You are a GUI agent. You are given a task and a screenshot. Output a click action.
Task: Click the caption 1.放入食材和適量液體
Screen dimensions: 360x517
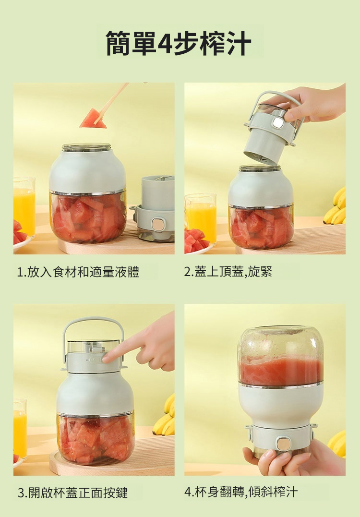78,272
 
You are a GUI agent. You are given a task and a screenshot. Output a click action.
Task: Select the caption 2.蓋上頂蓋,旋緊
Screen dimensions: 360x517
228,272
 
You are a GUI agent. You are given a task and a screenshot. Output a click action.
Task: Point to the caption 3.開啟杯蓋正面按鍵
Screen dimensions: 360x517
72,493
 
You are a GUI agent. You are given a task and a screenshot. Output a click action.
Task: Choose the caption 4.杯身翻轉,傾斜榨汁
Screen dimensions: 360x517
241,492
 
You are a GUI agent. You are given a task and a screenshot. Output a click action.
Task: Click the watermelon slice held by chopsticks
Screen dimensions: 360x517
93,119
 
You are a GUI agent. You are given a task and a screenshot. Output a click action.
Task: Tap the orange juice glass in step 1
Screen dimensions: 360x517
24,207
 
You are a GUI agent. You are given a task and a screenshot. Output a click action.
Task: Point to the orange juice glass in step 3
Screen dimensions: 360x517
20,429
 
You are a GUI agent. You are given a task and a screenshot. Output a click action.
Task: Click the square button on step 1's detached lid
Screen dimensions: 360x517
157,224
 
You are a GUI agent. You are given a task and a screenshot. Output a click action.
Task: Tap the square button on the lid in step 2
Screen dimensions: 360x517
278,123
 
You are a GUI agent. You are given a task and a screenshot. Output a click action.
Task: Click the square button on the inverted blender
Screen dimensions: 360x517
283,444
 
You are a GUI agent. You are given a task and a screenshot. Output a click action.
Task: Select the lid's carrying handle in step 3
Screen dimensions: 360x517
93,319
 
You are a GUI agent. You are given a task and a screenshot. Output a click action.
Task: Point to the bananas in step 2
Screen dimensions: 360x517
335,206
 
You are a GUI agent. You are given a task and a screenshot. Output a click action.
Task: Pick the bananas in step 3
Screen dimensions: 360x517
165,416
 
